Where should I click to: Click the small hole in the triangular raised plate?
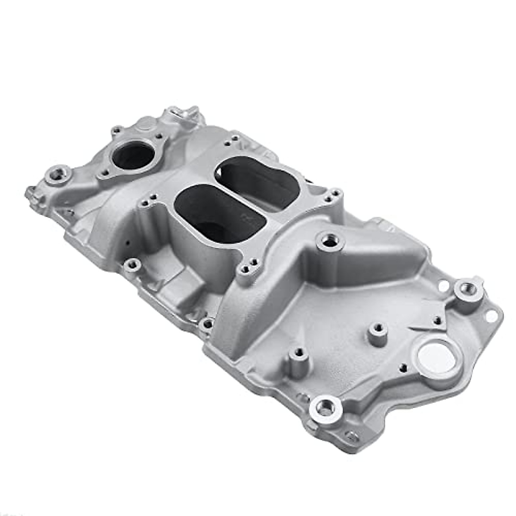[437, 319]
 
